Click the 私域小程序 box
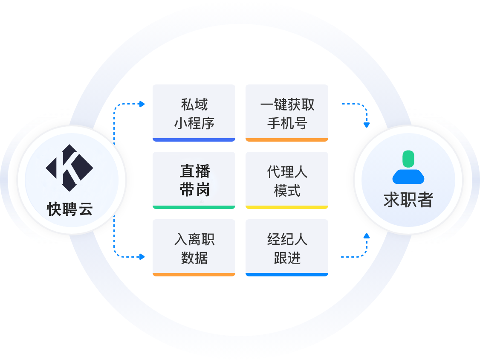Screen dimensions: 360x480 pyautogui.click(x=194, y=113)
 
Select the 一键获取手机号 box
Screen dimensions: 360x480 pyautogui.click(x=287, y=113)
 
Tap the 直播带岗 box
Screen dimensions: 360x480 pyautogui.click(x=194, y=180)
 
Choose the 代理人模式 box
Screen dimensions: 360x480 pyautogui.click(x=287, y=180)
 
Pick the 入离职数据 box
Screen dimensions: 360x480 pyautogui.click(x=194, y=248)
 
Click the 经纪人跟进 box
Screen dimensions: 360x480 pyautogui.click(x=287, y=248)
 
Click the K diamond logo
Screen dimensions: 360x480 pyautogui.click(x=69, y=168)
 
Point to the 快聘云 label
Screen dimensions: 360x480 pyautogui.click(x=69, y=209)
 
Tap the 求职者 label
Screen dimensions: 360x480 pyautogui.click(x=408, y=200)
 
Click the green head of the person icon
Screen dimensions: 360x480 pyautogui.click(x=408, y=158)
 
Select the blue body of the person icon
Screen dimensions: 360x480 pyautogui.click(x=408, y=176)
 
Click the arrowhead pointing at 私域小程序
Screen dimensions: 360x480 pyautogui.click(x=142, y=104)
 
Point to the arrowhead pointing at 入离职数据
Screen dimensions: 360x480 pyautogui.click(x=142, y=257)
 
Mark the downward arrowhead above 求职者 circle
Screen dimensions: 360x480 pyautogui.click(x=366, y=125)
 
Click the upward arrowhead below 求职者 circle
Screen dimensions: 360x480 pyautogui.click(x=366, y=235)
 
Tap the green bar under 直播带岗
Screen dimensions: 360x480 pyautogui.click(x=194, y=207)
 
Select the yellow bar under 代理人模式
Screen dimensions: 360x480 pyautogui.click(x=287, y=207)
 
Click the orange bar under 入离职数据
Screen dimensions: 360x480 pyautogui.click(x=194, y=275)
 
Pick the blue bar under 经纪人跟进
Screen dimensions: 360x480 pyautogui.click(x=287, y=275)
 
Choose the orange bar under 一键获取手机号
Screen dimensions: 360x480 pyautogui.click(x=287, y=140)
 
